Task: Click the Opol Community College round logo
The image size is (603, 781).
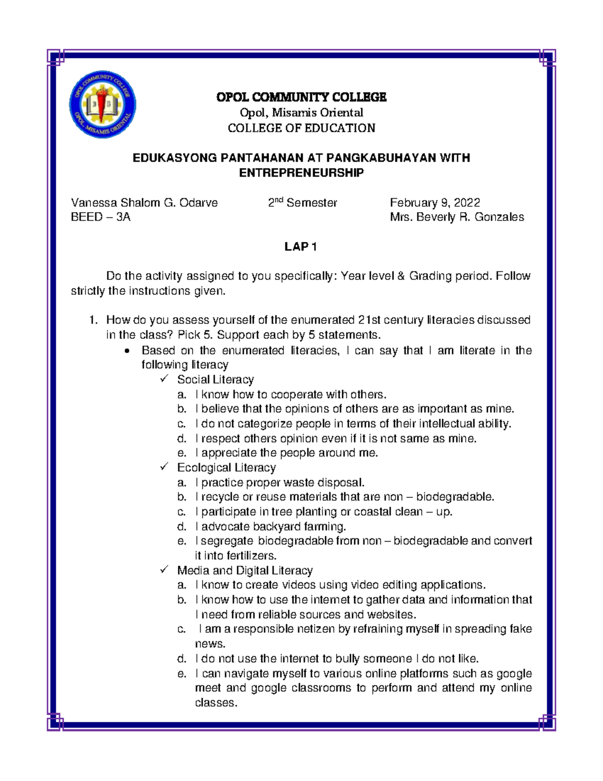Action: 103,105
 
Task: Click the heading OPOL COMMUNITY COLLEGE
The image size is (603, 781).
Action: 301,97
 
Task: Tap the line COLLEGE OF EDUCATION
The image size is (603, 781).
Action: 301,128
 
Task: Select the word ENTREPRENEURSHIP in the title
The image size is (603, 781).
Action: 301,173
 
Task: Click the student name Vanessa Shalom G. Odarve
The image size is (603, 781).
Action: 144,203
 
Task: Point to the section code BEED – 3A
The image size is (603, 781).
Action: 100,217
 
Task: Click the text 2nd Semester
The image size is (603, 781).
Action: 302,203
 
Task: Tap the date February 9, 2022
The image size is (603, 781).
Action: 435,203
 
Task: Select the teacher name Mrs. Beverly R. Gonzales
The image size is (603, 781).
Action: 457,217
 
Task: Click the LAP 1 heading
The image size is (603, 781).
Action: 300,246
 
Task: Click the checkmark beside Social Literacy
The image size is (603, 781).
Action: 164,379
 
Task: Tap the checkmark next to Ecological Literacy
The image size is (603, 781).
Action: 164,467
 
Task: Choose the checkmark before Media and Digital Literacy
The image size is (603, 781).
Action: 164,570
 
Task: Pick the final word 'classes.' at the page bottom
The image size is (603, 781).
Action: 216,703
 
